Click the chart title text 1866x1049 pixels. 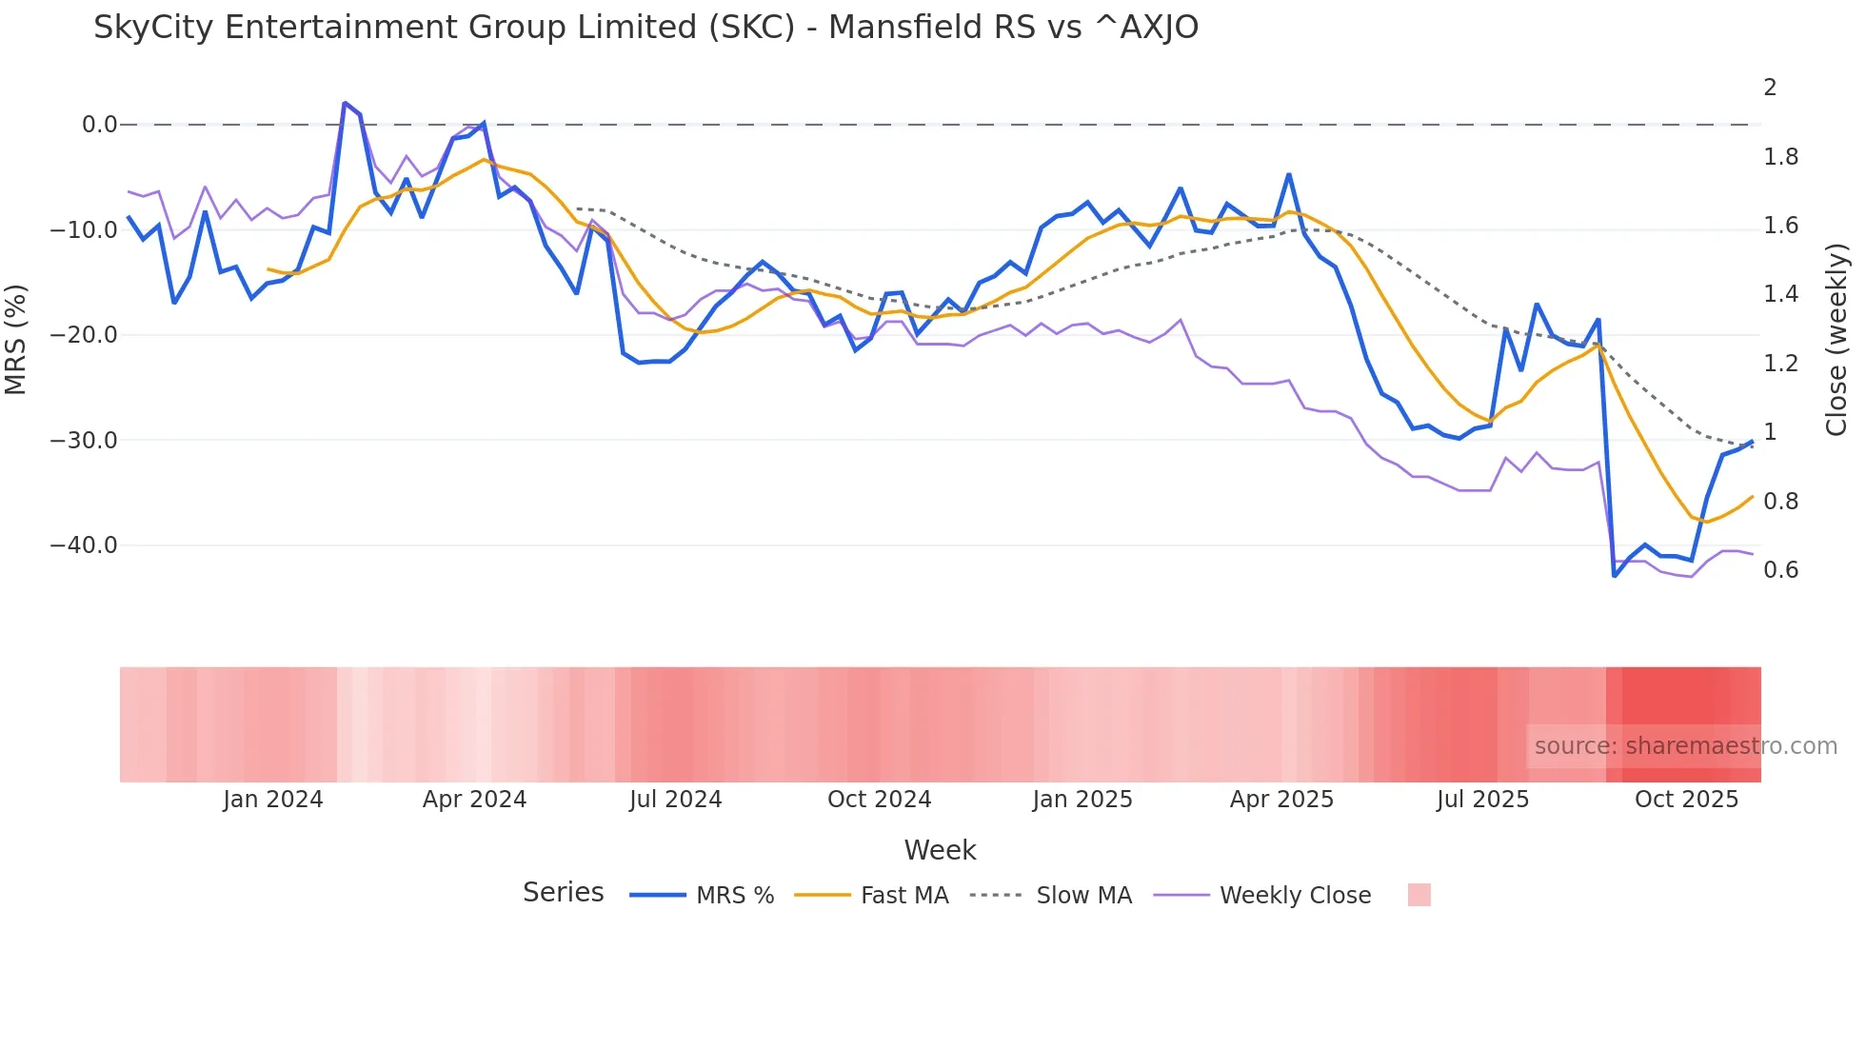[x=645, y=28]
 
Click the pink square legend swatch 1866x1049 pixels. [x=1419, y=895]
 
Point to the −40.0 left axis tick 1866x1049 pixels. [x=84, y=545]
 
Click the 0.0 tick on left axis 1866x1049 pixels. [x=99, y=125]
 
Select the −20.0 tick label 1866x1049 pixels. [x=84, y=335]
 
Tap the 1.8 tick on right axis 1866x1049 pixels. [x=1780, y=157]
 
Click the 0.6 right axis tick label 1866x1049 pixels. [x=1780, y=570]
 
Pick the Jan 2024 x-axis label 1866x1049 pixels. [x=273, y=800]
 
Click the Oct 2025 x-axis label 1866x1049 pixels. [x=1686, y=800]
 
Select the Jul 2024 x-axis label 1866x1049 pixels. [x=675, y=800]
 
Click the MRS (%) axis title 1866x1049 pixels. [x=16, y=340]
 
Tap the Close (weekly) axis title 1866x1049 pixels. [x=1836, y=340]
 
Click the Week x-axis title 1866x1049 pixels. [x=940, y=850]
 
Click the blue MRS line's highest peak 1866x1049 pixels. [x=345, y=103]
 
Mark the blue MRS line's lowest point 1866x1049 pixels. [x=1614, y=576]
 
